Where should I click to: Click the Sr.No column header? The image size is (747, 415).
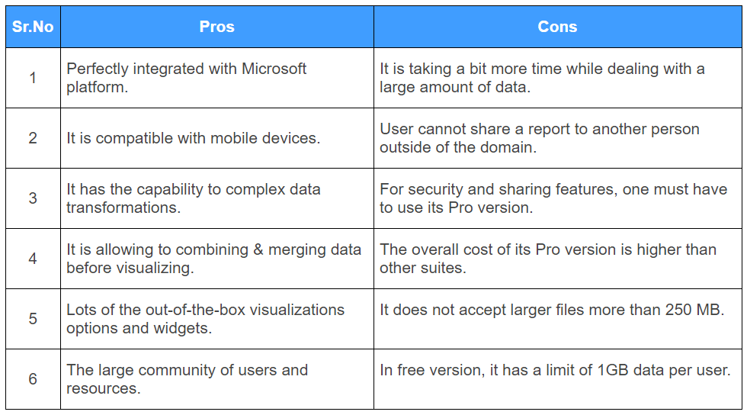(x=33, y=27)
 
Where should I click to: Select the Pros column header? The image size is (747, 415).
(x=216, y=27)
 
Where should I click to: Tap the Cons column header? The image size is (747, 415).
(x=557, y=27)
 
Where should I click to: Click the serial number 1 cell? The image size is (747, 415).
(x=33, y=78)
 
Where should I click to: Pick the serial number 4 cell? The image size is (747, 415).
(x=33, y=259)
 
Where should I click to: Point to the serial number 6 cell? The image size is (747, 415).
(x=33, y=378)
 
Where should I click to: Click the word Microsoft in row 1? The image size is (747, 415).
(x=274, y=69)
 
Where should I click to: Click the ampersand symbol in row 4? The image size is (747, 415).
(x=258, y=249)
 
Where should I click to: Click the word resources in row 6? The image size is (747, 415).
(x=104, y=389)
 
